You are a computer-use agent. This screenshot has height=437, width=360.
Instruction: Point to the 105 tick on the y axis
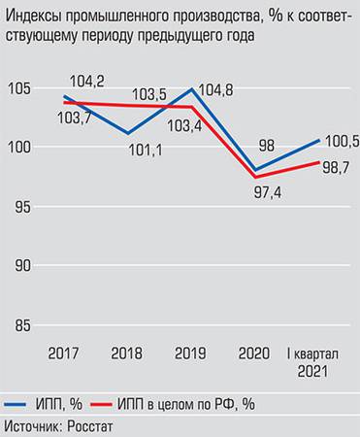click(17, 88)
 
